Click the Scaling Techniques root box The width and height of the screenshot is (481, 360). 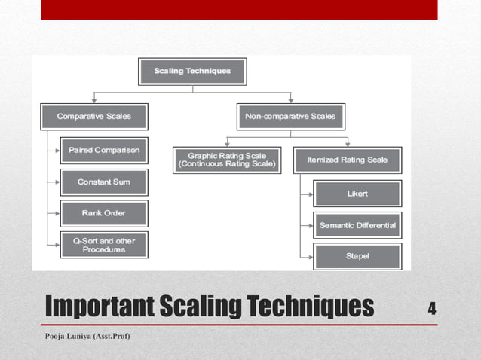(x=192, y=72)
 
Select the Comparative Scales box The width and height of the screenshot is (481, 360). (x=94, y=117)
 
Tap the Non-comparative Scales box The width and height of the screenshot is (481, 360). (x=290, y=117)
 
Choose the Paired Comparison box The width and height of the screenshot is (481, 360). (x=104, y=151)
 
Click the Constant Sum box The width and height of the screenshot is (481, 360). (x=104, y=182)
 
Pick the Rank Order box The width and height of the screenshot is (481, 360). (x=104, y=214)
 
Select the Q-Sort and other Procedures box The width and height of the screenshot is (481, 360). (x=104, y=246)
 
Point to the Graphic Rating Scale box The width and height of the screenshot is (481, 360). (x=226, y=160)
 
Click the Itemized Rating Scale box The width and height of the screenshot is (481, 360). (x=347, y=160)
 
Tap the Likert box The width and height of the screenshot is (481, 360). (x=357, y=194)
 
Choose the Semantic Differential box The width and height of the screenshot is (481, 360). (x=357, y=225)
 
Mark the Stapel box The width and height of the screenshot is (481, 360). (x=357, y=257)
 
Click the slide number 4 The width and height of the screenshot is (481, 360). (x=432, y=308)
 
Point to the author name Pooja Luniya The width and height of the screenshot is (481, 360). (x=87, y=335)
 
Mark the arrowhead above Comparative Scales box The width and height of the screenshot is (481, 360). (x=94, y=99)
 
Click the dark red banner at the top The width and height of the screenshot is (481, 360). (x=239, y=9)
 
